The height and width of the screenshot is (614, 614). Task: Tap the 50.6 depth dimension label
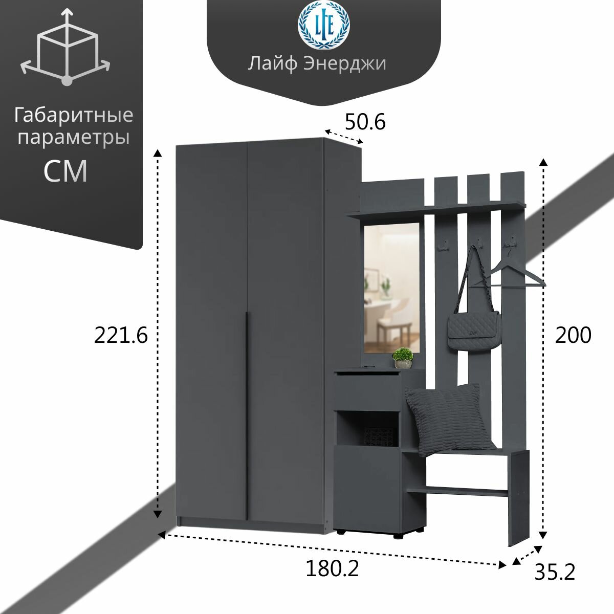coord(364,122)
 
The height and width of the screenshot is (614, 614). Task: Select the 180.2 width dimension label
coord(332,568)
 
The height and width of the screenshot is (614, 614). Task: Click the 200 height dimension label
coord(573,336)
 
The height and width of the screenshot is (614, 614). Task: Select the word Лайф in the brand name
coord(273,64)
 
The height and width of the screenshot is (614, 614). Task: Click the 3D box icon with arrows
coord(65,49)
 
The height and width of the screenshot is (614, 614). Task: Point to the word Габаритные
coord(73,116)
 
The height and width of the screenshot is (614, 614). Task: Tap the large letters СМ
coord(65,171)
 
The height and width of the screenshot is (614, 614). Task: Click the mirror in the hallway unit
coord(393,287)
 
